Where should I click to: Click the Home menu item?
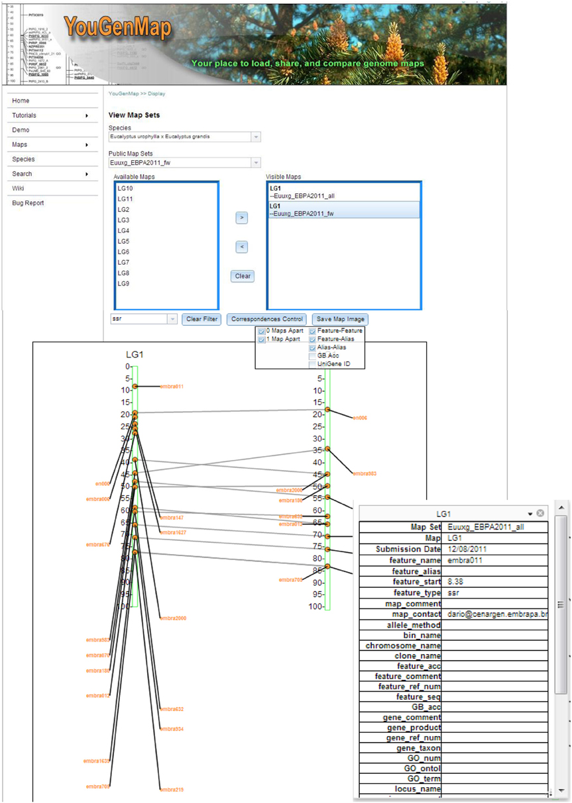[x=21, y=101]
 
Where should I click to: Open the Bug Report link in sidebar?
[x=28, y=203]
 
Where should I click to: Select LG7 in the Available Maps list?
[x=123, y=262]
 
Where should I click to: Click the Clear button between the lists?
[x=243, y=276]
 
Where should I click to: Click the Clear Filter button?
[x=201, y=319]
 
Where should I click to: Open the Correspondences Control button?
[x=267, y=319]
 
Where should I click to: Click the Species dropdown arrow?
[x=256, y=137]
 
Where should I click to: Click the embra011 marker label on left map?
[x=172, y=386]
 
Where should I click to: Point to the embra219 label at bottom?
[x=172, y=790]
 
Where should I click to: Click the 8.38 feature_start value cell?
[x=457, y=581]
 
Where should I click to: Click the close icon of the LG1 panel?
[x=540, y=513]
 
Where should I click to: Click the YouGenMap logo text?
[x=118, y=28]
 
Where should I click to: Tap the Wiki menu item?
[x=18, y=188]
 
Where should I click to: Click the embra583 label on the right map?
[x=365, y=473]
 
